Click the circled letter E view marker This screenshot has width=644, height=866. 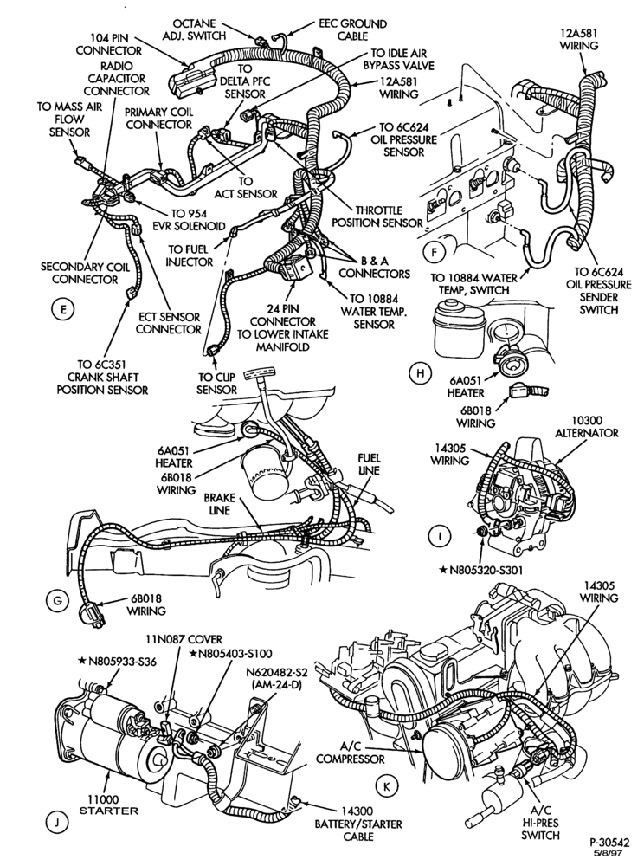point(63,310)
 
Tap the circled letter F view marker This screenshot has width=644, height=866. point(433,253)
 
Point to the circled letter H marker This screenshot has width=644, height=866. point(421,374)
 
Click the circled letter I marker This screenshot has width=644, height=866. point(440,536)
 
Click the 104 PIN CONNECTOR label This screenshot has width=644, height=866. point(108,44)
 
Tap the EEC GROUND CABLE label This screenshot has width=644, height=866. point(352,29)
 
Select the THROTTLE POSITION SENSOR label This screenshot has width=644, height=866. point(385,216)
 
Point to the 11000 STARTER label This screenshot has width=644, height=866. point(109,805)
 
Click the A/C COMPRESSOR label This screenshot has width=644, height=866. point(351,753)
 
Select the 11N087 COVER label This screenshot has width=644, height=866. point(184,640)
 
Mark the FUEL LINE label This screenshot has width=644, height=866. point(369,464)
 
